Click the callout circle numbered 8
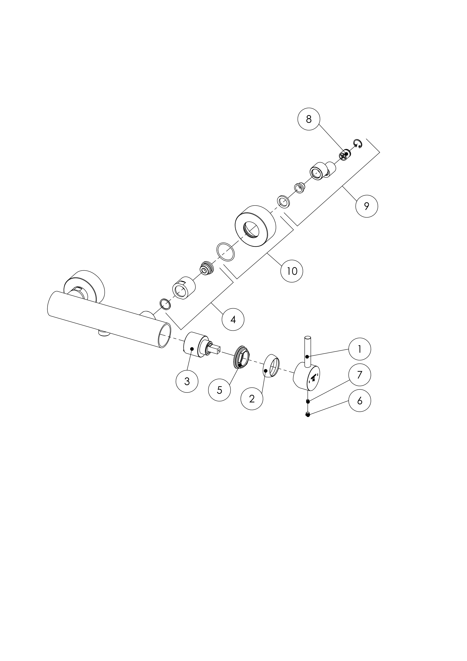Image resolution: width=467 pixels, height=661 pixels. point(309,119)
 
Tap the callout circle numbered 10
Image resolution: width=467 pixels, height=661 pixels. point(292,271)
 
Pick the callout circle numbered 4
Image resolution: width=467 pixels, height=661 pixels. point(233,319)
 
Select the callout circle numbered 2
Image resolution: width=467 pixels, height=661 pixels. point(252,399)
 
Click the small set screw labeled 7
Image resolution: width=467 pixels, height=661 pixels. point(308,401)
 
